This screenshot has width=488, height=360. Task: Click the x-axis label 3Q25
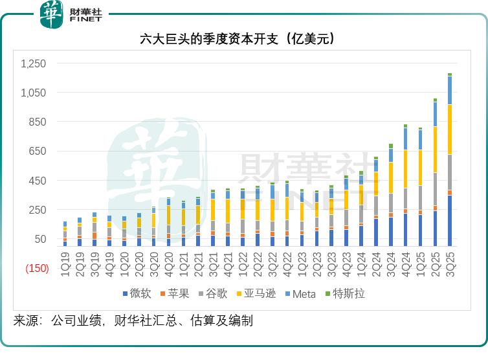point(450,264)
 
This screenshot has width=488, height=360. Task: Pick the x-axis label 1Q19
point(65,264)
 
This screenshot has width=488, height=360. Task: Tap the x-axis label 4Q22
point(287,264)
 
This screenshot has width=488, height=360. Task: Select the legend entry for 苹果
point(175,294)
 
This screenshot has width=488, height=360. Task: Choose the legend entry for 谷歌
point(213,294)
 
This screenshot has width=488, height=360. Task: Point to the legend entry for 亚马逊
point(257,294)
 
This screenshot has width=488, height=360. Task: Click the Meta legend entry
point(300,294)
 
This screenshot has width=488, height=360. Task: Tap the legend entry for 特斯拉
point(344,294)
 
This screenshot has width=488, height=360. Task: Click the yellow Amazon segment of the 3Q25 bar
point(450,129)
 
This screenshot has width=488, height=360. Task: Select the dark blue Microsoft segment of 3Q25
point(450,220)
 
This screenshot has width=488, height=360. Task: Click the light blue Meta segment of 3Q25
point(450,90)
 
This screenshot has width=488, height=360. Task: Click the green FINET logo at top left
point(51,14)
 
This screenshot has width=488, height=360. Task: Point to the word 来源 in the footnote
point(27,321)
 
